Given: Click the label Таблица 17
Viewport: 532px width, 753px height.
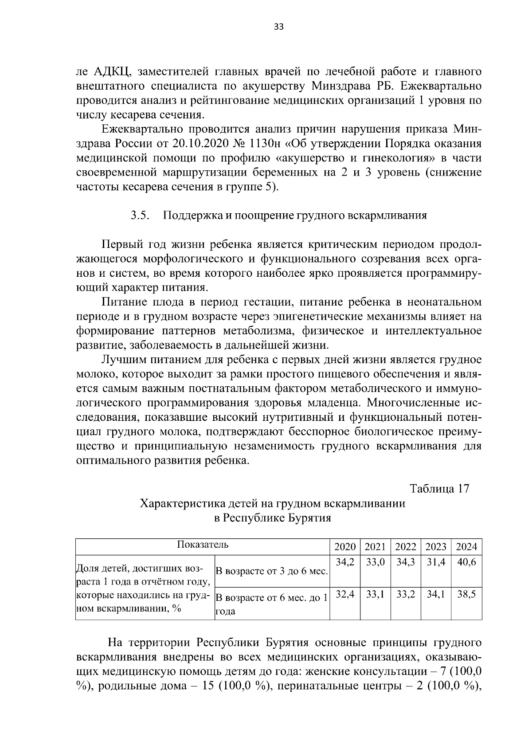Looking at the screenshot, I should pos(439,489).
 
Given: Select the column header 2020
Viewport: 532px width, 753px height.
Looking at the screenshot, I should pos(344,547).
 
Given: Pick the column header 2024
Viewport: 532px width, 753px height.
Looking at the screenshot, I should pos(466,547).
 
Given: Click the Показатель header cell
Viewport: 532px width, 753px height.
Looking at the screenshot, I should pos(203,545).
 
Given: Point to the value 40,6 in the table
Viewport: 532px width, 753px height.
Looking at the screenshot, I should pos(466,562).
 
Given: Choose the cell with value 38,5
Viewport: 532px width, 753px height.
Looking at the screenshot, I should pos(466,594).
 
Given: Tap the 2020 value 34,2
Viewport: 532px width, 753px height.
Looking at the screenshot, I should pos(344,562).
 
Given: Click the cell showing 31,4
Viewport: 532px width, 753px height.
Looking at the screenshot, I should pos(436,562).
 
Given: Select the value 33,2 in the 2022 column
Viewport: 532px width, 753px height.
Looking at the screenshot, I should pos(405,594).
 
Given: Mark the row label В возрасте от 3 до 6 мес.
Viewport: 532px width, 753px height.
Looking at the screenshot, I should pos(271,571).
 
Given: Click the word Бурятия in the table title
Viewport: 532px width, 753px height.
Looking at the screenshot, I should pos(309,518).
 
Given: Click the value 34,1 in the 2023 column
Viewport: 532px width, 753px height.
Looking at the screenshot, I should pos(436,594).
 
